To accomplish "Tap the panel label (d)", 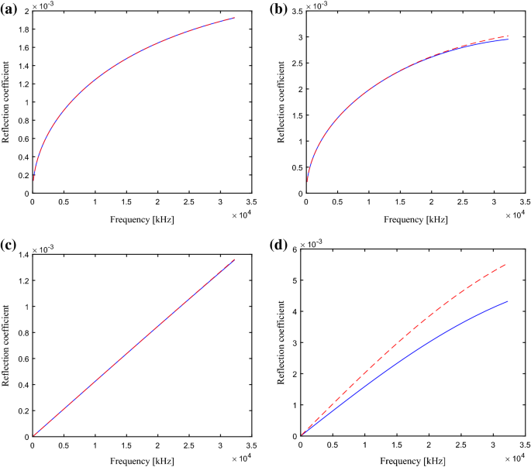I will tap(281, 246).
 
